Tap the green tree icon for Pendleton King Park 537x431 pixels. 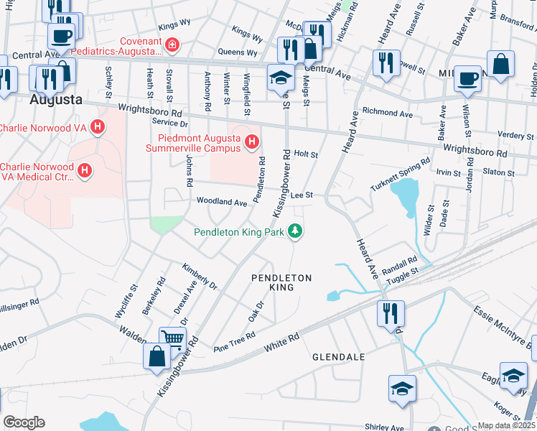[294, 231]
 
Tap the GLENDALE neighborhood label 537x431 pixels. [338, 356]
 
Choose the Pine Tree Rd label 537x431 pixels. [235, 342]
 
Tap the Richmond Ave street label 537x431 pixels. [387, 113]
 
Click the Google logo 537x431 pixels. [24, 422]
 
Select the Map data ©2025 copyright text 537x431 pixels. [506, 425]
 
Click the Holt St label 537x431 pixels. [306, 154]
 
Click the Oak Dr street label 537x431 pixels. [256, 310]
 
